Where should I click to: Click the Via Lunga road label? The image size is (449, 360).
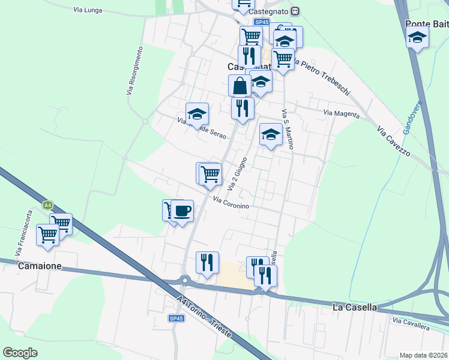(x=88, y=10)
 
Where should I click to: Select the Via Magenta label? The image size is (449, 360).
(x=341, y=113)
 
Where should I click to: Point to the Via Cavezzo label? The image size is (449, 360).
(x=393, y=142)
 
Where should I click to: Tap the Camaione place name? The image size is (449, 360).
(x=40, y=265)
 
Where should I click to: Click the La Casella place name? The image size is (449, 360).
(x=354, y=307)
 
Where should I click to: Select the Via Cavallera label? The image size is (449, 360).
(x=411, y=324)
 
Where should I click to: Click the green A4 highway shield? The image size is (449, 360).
(x=48, y=205)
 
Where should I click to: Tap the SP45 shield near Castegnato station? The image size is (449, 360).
(x=261, y=22)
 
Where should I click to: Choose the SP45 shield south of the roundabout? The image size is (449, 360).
(x=176, y=319)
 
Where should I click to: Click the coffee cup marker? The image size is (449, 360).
(x=182, y=211)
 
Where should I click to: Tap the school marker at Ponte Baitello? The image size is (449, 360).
(x=417, y=38)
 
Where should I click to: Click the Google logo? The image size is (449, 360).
(x=20, y=353)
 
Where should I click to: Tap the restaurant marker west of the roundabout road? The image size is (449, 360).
(x=207, y=262)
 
